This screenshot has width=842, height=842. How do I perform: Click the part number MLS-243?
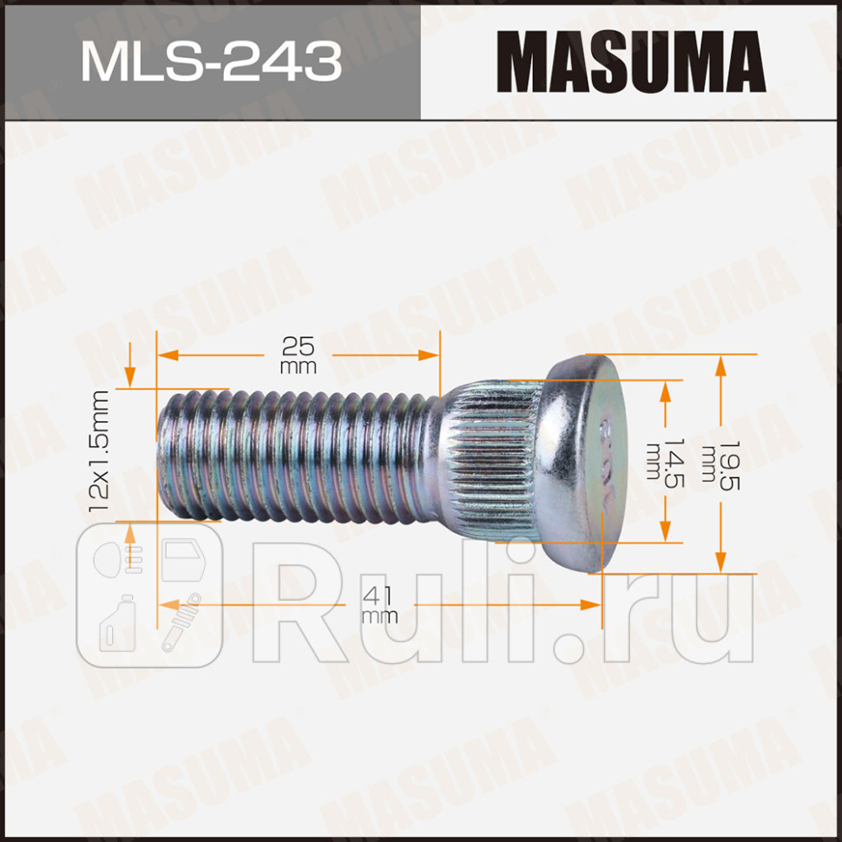211,60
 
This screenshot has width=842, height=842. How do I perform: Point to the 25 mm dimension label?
298,354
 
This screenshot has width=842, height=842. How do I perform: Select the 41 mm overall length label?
379,605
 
